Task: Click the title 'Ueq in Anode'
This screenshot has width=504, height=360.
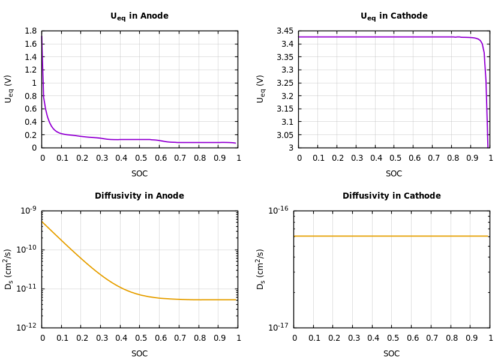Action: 139,16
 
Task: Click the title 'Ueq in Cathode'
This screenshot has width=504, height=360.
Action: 394,16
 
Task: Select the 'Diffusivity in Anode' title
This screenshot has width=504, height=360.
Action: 139,196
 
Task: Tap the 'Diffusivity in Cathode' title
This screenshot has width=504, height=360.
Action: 391,196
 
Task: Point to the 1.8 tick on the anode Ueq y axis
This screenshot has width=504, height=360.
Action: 30,31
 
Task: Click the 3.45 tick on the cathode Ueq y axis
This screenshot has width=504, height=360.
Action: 284,31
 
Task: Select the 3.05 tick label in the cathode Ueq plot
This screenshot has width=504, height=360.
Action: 284,135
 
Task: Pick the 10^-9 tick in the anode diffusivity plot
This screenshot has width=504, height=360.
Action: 28,210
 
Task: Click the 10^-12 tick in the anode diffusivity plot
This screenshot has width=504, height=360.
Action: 28,327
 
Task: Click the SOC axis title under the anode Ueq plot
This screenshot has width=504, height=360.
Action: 139,174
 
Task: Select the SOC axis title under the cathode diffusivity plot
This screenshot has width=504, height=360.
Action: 391,354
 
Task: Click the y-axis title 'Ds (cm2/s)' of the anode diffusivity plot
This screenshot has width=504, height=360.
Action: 8,269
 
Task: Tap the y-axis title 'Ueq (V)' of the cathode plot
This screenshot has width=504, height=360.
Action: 261,89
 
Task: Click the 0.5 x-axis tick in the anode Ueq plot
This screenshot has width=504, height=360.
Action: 140,158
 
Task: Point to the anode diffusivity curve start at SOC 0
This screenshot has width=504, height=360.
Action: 43,222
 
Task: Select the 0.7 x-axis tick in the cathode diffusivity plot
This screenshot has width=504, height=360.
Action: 431,338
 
